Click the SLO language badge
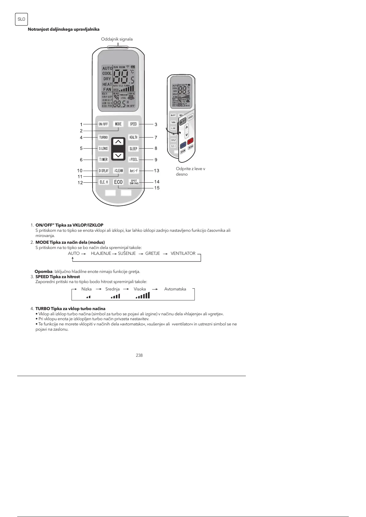[x=21, y=19]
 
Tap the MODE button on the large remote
[x=118, y=124]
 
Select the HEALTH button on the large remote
[x=133, y=137]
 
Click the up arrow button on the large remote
[x=118, y=142]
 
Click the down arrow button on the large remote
[x=118, y=156]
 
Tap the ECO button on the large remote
[x=118, y=182]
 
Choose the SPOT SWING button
[x=134, y=182]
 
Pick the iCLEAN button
[x=118, y=171]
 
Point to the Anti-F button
[x=134, y=171]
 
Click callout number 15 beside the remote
[x=157, y=188]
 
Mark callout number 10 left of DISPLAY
[x=80, y=171]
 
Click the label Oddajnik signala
[x=117, y=39]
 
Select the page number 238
[x=139, y=355]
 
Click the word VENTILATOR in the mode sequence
[x=183, y=253]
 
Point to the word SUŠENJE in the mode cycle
[x=127, y=253]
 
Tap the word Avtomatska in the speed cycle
[x=175, y=289]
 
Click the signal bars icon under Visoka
[x=143, y=296]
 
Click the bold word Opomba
[x=43, y=271]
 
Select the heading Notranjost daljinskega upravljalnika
[x=64, y=29]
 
